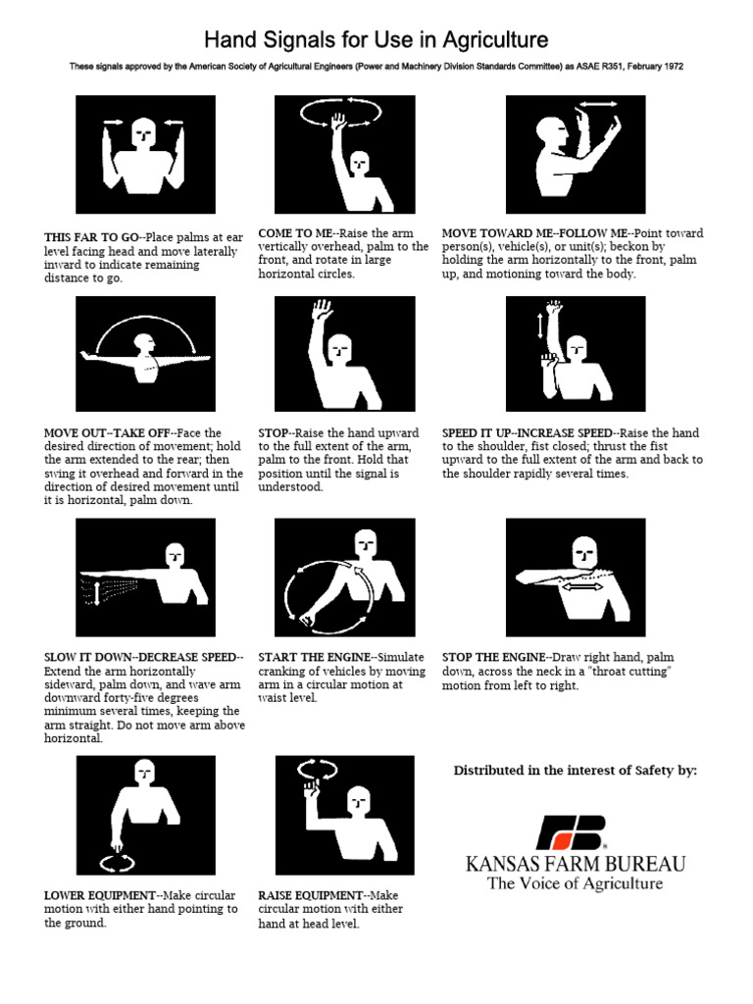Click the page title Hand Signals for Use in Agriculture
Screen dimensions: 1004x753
pyautogui.click(x=376, y=40)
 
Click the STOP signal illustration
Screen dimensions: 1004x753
pyautogui.click(x=344, y=355)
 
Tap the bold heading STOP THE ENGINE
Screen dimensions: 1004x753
pyautogui.click(x=493, y=657)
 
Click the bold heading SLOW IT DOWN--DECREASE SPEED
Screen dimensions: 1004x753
pyautogui.click(x=141, y=657)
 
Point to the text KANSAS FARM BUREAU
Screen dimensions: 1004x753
pyautogui.click(x=576, y=864)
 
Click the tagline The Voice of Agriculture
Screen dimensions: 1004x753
pyautogui.click(x=576, y=883)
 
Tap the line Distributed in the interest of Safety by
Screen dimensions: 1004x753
pyautogui.click(x=576, y=771)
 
